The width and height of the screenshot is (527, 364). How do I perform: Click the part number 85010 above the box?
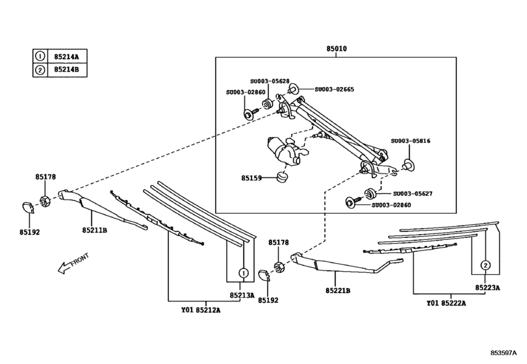(337, 49)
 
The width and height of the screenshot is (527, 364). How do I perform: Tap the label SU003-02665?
(334, 89)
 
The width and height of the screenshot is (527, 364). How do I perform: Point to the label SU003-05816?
(410, 140)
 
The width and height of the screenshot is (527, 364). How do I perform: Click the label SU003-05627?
(413, 194)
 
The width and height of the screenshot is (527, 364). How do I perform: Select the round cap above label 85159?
(282, 176)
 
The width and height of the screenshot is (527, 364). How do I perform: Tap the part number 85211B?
(94, 230)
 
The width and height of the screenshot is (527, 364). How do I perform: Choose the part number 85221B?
(338, 291)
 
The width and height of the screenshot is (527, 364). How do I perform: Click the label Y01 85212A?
(201, 310)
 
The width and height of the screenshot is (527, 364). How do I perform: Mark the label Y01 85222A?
(446, 304)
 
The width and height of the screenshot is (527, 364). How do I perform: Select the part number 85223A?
(486, 287)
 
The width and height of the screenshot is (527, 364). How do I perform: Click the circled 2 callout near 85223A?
(485, 265)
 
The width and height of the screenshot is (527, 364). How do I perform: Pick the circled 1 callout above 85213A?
(241, 272)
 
